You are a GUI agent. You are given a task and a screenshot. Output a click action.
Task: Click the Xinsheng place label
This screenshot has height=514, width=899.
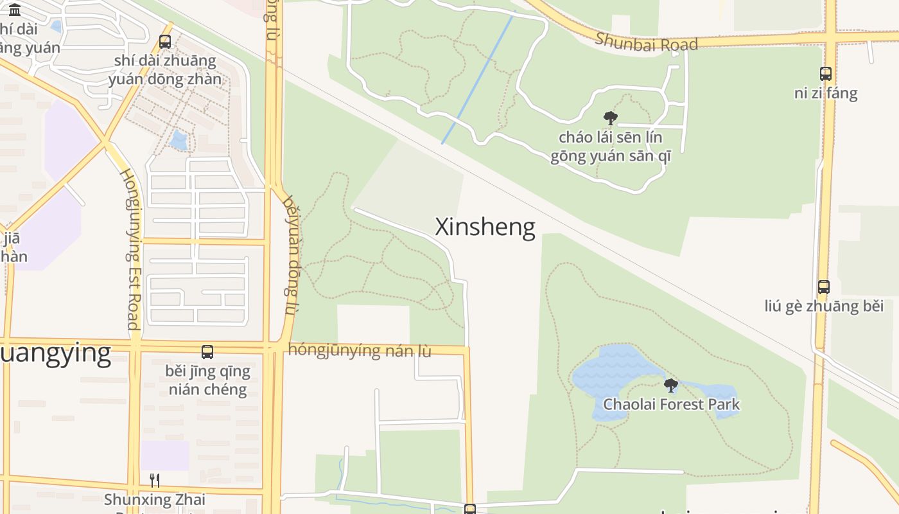point(485,227)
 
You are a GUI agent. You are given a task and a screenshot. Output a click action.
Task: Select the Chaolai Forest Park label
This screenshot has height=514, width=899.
point(671,405)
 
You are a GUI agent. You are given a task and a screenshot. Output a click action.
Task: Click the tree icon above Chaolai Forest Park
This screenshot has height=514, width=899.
point(671,385)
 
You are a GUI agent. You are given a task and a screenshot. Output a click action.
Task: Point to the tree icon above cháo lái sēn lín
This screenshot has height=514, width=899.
point(611,118)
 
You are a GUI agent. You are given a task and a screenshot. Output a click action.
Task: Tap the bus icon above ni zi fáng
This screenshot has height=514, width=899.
point(826,74)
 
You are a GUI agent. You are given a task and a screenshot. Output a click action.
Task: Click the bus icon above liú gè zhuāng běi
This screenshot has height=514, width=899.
point(824,287)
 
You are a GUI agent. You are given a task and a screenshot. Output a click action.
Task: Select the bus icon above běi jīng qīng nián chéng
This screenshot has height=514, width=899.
point(207,352)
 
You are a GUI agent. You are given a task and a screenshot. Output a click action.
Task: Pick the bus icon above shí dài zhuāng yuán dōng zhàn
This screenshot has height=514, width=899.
point(165,42)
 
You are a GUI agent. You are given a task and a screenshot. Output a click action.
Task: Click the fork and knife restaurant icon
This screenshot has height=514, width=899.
point(155,481)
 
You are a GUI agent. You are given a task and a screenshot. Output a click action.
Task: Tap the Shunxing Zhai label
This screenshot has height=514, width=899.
point(155,499)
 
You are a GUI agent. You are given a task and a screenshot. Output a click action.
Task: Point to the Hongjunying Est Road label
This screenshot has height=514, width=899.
point(130,249)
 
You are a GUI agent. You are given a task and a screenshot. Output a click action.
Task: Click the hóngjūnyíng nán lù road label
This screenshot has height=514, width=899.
point(360,351)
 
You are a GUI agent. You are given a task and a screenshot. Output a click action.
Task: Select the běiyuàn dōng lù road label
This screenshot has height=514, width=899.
point(291,255)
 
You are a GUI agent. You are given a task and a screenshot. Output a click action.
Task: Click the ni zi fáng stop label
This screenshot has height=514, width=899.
point(826,93)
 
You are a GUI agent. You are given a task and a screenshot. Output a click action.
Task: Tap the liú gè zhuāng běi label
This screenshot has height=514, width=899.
point(824,306)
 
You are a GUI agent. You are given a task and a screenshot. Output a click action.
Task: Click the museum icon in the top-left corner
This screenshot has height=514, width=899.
point(15,10)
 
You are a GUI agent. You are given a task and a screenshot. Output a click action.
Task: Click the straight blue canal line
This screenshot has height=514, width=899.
point(478,77)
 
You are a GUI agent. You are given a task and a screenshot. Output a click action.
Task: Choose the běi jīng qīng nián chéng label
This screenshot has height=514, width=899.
point(207,380)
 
